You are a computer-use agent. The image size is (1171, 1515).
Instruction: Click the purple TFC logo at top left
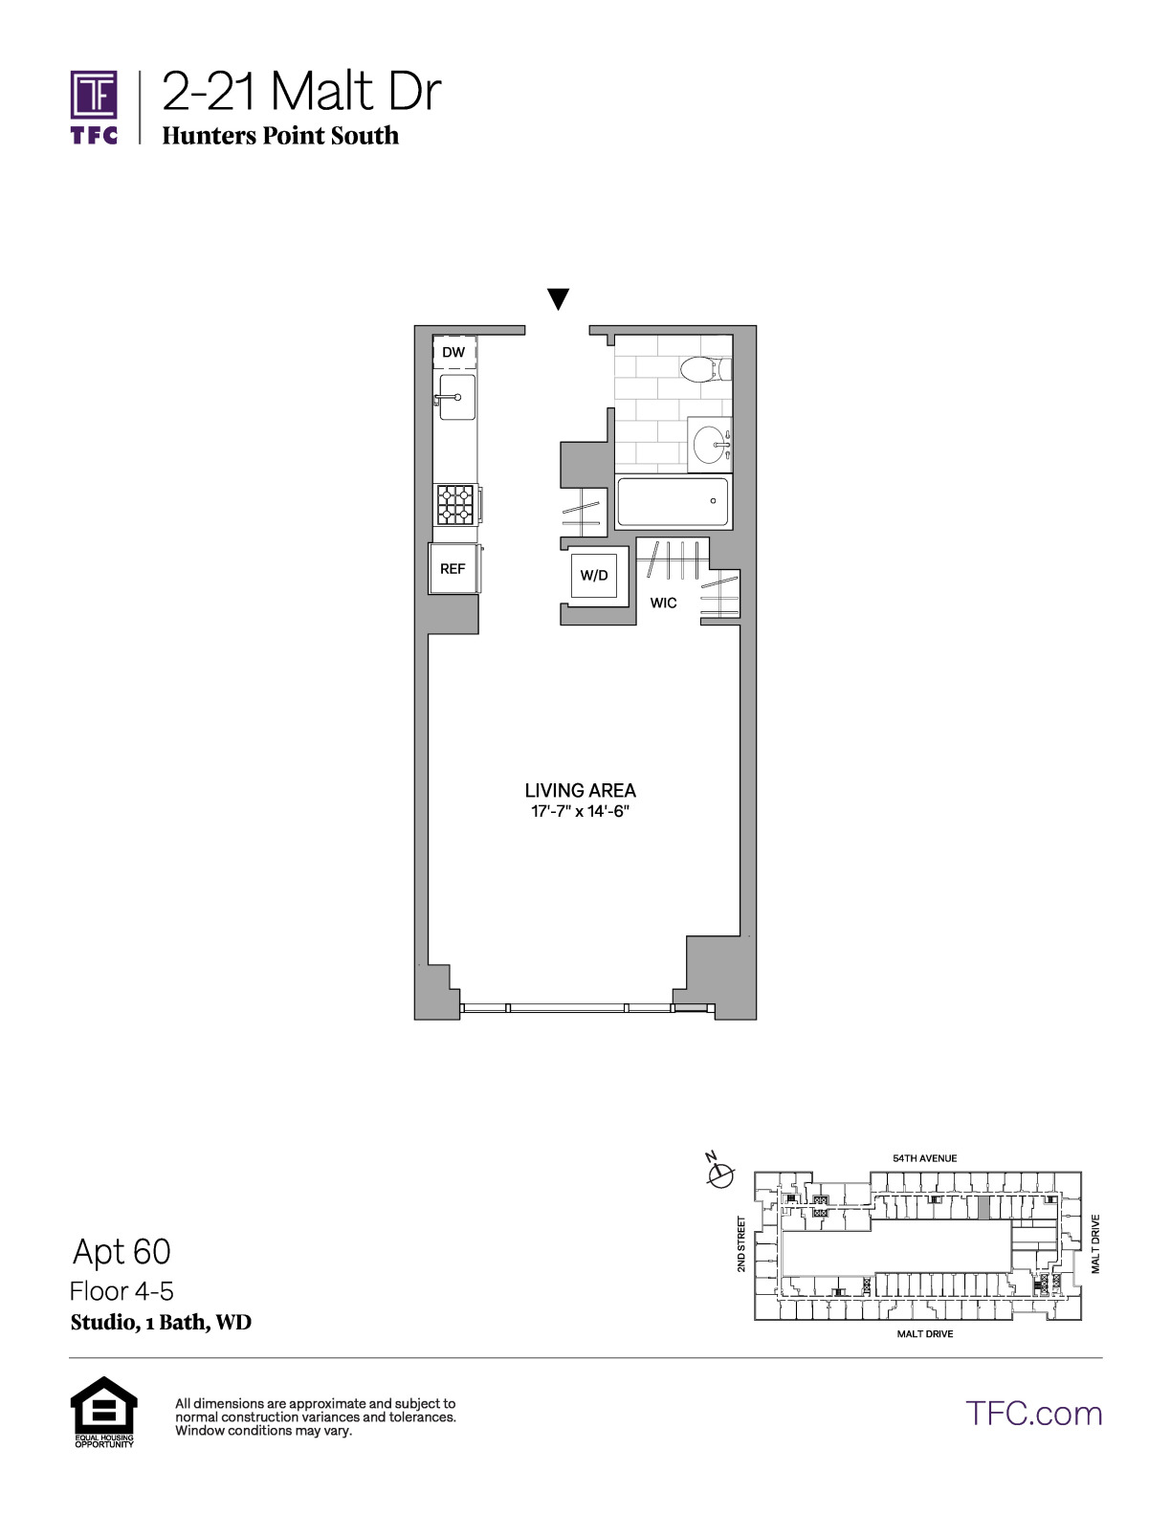pyautogui.click(x=94, y=107)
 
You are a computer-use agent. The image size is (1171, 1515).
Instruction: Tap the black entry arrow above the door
pyautogui.click(x=558, y=298)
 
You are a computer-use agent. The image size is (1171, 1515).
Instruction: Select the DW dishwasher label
pyautogui.click(x=453, y=352)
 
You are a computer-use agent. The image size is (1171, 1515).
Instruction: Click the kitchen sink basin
pyautogui.click(x=456, y=397)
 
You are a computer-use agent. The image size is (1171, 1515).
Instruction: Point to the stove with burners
pyautogui.click(x=455, y=505)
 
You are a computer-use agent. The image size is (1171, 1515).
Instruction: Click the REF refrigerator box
pyautogui.click(x=453, y=568)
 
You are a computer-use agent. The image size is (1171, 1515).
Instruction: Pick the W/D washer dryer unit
pyautogui.click(x=593, y=575)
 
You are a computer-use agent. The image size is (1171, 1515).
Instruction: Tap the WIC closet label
pyautogui.click(x=663, y=604)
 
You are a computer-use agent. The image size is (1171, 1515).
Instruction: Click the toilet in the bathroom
pyautogui.click(x=705, y=369)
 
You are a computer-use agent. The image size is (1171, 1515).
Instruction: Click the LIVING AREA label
pyautogui.click(x=581, y=791)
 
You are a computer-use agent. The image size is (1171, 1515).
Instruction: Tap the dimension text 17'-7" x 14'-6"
pyautogui.click(x=581, y=811)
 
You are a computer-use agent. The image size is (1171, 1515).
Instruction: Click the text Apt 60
pyautogui.click(x=122, y=1251)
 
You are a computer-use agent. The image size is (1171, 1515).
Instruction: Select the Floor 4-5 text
pyautogui.click(x=122, y=1291)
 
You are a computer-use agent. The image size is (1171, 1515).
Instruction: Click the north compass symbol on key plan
pyautogui.click(x=720, y=1175)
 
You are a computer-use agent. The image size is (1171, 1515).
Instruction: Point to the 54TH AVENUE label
pyautogui.click(x=925, y=1158)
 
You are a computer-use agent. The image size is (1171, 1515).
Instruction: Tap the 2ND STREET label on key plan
pyautogui.click(x=741, y=1243)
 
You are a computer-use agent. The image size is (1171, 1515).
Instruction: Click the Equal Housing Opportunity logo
pyautogui.click(x=104, y=1412)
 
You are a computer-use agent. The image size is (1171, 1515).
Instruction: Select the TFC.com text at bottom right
pyautogui.click(x=1033, y=1414)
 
